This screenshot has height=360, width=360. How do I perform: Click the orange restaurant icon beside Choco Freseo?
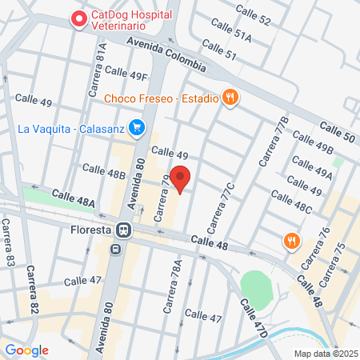click(230, 98)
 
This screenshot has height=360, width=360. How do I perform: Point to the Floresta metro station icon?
click(124, 230)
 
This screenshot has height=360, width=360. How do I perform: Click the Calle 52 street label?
click(254, 14)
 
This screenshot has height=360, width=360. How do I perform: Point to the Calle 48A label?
click(74, 198)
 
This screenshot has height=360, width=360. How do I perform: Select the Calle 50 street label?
click(337, 133)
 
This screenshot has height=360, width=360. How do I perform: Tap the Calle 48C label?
click(291, 201)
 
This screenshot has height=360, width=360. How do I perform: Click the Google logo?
click(26, 350)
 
